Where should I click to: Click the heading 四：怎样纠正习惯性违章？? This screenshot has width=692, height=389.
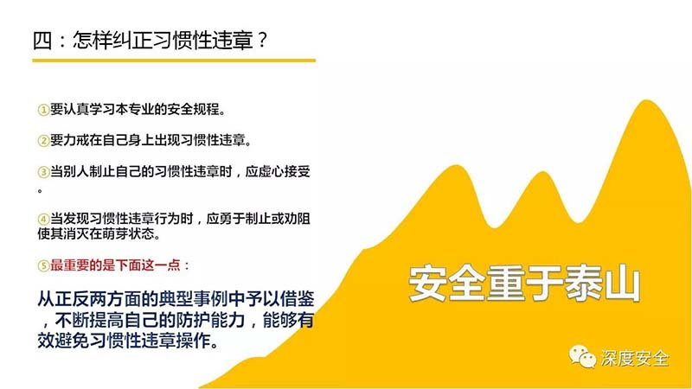[150, 40]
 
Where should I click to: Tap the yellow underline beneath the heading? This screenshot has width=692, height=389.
[174, 61]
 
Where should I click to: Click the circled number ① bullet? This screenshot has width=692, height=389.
[43, 110]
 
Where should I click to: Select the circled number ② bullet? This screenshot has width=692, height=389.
[43, 141]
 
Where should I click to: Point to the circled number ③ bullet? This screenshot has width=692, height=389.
[43, 172]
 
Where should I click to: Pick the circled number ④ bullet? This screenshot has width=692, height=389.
[43, 220]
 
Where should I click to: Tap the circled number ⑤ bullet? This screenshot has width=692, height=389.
[43, 266]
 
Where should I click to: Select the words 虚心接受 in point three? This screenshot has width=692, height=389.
[285, 171]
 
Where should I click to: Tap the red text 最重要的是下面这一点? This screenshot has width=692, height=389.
[115, 265]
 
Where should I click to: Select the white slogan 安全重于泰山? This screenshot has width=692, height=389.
[524, 284]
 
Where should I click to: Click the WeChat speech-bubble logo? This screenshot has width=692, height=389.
[582, 356]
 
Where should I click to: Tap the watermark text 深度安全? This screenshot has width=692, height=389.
[635, 358]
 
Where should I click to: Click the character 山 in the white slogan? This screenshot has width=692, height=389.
[622, 284]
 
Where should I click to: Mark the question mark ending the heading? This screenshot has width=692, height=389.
[262, 40]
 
